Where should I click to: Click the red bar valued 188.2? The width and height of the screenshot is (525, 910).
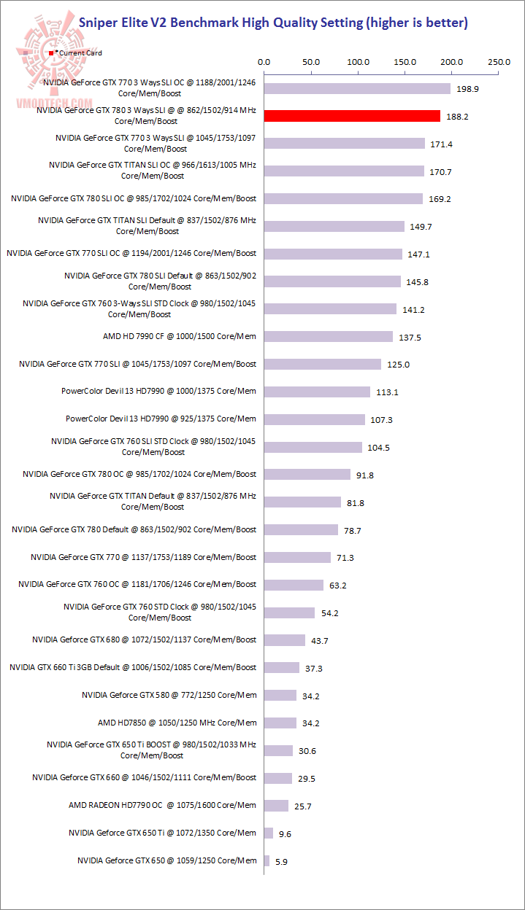tap(352, 116)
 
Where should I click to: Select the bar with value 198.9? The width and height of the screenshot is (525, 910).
tap(357, 88)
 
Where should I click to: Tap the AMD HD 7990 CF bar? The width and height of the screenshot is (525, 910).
tap(329, 336)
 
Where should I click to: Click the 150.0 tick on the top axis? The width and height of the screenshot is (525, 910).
tap(405, 62)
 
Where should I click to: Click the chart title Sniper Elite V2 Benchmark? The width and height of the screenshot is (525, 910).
tap(273, 23)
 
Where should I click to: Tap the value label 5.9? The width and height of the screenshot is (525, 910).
tap(281, 861)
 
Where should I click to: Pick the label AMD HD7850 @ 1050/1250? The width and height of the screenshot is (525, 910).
tap(177, 723)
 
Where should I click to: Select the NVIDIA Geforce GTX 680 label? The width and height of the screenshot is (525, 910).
tap(145, 639)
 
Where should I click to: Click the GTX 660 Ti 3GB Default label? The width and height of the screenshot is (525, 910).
tap(133, 667)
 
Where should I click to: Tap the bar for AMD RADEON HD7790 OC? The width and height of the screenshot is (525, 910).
tap(276, 806)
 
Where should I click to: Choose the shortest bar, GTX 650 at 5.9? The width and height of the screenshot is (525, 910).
tap(267, 860)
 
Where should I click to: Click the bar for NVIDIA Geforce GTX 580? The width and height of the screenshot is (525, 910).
tap(280, 695)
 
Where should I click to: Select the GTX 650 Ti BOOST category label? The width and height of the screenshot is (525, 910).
tap(151, 750)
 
